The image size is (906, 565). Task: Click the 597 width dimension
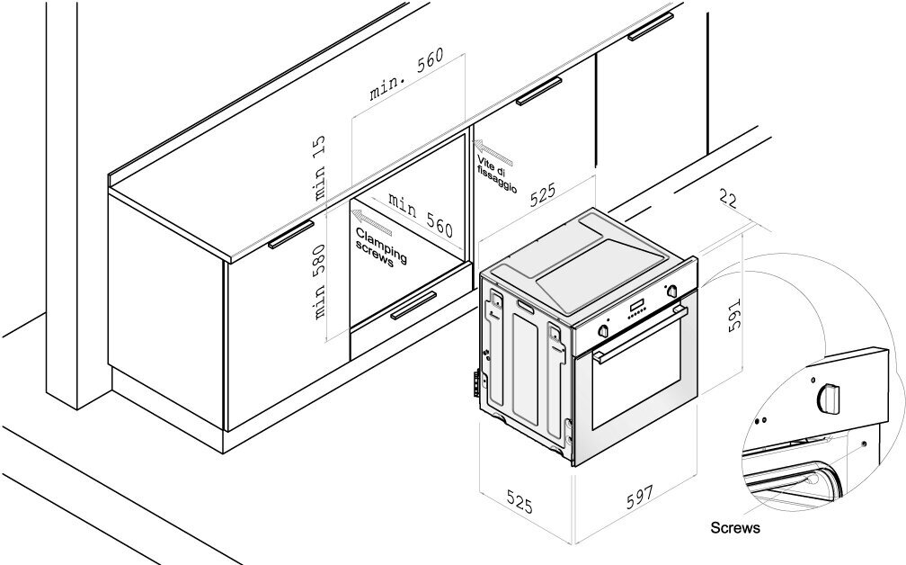coord(640,497)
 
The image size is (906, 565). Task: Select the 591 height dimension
coord(733,315)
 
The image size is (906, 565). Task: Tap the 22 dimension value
coord(729,199)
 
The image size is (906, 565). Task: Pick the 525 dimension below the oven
coord(520,501)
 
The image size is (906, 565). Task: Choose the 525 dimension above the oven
coord(543,194)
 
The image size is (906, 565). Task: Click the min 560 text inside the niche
coord(421,215)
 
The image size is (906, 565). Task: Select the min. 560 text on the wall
coord(407,74)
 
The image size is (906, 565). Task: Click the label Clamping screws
coord(381,247)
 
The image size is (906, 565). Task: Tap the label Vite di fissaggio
coord(497,174)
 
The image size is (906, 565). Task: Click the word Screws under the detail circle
coord(735,527)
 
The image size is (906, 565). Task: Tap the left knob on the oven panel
coord(603,330)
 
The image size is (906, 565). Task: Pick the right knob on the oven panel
coord(672,291)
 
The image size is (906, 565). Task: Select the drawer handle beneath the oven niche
coord(413,305)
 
